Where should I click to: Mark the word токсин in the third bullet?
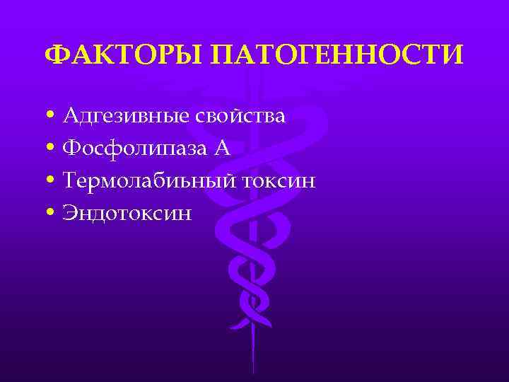click(x=278, y=182)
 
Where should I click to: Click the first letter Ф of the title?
click(x=54, y=55)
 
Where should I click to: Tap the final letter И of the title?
click(x=455, y=55)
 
